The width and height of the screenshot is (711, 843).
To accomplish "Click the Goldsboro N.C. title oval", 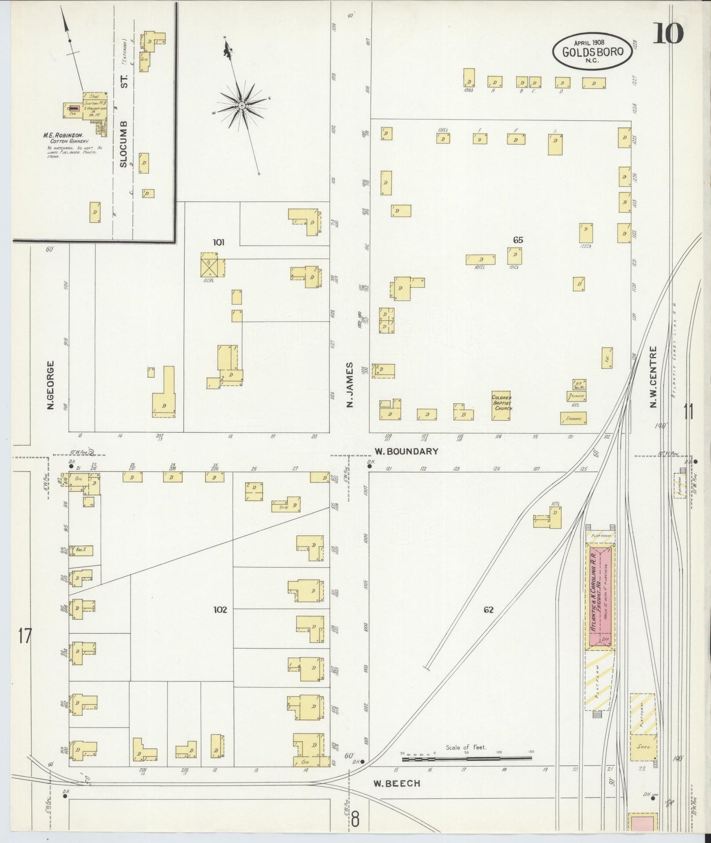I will pyautogui.click(x=592, y=51).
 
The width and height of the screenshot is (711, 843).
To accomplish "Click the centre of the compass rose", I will pyautogui.click(x=242, y=106).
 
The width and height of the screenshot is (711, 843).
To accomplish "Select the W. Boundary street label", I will pyautogui.click(x=406, y=451).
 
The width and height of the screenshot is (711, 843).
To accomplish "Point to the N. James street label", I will pyautogui.click(x=350, y=385).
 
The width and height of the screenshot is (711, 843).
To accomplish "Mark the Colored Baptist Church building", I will pyautogui.click(x=501, y=406).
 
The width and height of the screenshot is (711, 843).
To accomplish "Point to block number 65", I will pyautogui.click(x=518, y=240).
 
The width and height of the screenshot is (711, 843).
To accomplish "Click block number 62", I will pyautogui.click(x=488, y=610).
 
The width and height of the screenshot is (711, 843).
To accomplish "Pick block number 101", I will pyautogui.click(x=218, y=242).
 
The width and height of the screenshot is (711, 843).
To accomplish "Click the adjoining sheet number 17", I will pyautogui.click(x=25, y=636).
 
